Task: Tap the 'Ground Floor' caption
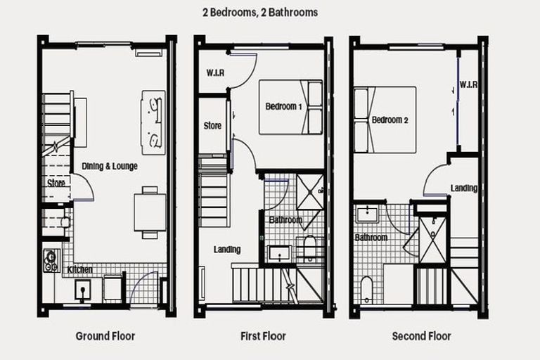coord(105,336)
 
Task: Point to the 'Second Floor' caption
coord(421,336)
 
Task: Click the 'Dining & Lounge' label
coord(110,167)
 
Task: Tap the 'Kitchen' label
coord(79,269)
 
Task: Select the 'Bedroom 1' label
coord(283,107)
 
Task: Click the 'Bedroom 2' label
coord(390,120)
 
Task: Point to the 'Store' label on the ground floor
coord(56,184)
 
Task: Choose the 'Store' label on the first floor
coord(212,127)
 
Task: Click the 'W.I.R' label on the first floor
coord(215,72)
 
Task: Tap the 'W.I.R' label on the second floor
coord(469,85)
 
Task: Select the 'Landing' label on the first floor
coord(227,250)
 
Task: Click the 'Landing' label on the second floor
coord(464,188)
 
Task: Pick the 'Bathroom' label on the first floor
coord(285,220)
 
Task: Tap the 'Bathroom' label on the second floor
coord(371,238)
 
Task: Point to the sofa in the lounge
coord(153,122)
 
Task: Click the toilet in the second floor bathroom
coord(366,290)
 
